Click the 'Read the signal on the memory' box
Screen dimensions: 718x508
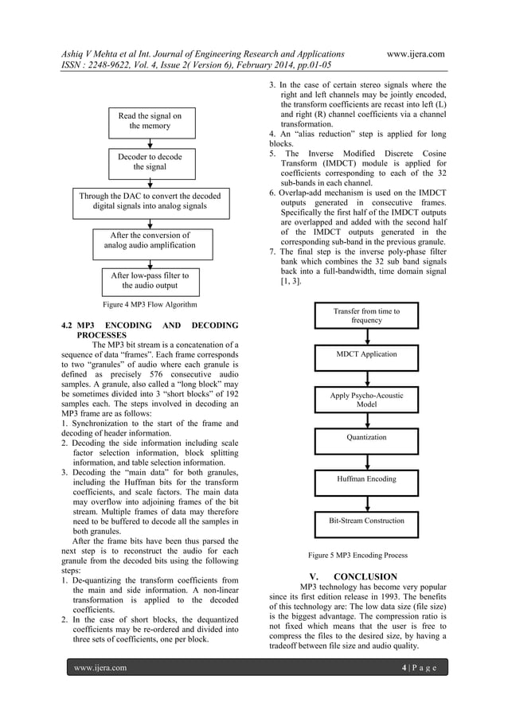(150, 121)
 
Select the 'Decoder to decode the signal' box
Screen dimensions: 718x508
(150, 162)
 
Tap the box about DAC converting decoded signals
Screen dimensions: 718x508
(150, 201)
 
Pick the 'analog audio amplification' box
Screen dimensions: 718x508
(150, 240)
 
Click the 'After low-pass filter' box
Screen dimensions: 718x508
(150, 281)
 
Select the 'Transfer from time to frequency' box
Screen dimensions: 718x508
(366, 316)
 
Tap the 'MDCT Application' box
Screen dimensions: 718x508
(366, 353)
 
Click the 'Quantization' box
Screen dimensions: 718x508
(366, 438)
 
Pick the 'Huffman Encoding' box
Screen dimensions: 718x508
(366, 479)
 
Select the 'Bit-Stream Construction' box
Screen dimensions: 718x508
(366, 521)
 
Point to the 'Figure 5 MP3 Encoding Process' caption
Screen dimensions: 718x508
(358, 555)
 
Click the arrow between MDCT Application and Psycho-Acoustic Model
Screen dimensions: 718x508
(366, 376)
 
